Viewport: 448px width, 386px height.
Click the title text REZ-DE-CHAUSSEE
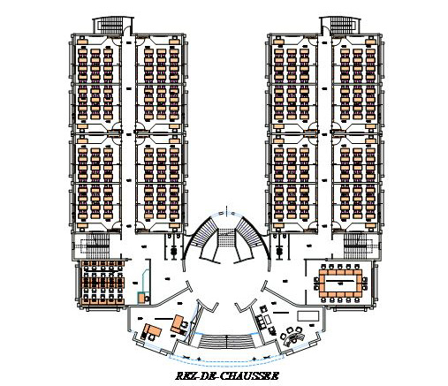pos(227,375)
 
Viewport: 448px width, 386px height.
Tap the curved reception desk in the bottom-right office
pos(294,337)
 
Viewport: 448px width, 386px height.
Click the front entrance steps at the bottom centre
pos(226,341)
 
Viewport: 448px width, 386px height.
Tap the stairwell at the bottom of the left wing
pos(95,245)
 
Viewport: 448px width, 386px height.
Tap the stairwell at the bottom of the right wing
pos(357,245)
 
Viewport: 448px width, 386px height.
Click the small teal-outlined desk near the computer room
pos(144,297)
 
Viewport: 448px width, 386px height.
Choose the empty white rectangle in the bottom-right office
pos(308,315)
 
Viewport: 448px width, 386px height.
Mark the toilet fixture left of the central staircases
pos(173,251)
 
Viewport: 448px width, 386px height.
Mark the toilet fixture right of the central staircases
pos(279,251)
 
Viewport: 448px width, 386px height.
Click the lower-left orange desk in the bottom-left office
pos(153,331)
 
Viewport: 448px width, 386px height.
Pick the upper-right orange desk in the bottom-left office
pos(178,323)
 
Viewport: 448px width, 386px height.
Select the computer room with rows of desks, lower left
pos(102,283)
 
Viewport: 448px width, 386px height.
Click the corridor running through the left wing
pos(128,132)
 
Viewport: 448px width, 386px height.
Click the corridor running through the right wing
pos(325,132)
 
